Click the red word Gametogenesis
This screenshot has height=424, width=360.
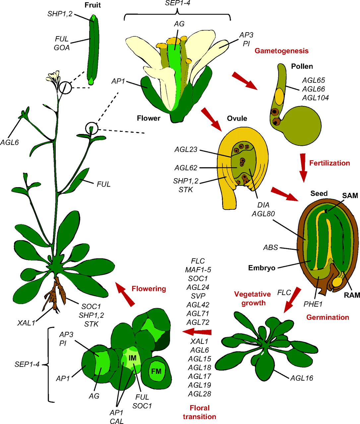coord(281,51)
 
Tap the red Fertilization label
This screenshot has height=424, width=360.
coord(329,163)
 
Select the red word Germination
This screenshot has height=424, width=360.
coord(328,317)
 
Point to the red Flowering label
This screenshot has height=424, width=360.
coord(149,289)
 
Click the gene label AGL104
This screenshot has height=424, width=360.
coord(315,98)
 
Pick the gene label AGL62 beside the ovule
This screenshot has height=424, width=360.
coord(186,168)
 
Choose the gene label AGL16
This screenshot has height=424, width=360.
coord(301,378)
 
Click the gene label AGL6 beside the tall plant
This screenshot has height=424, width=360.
coord(9,142)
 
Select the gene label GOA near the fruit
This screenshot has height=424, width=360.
coord(62,48)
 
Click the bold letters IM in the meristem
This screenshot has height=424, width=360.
coord(133,358)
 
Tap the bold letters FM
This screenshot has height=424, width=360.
coord(156,371)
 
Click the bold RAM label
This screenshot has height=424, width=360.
coord(352,294)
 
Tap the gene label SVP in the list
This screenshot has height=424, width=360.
coord(198,296)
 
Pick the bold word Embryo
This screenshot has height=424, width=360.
coord(262,268)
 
